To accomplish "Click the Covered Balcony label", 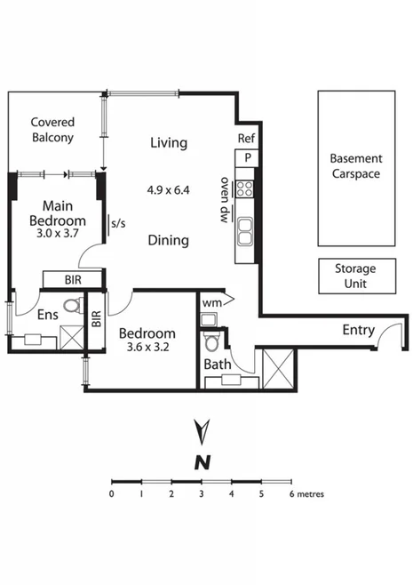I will pos(52,130).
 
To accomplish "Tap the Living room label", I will pos(168,142).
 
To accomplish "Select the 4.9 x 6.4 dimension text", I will pos(168,189).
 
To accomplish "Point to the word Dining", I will pos(168,240).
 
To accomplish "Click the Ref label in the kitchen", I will pos(246,139).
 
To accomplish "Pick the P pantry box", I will pos(247,158).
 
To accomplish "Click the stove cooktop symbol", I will pos(246,188).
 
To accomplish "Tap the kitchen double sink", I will pos(246,233).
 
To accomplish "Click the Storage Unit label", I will pos(354,276).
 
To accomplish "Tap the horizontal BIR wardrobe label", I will pos(75,279).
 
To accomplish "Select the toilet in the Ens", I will pos(72,307).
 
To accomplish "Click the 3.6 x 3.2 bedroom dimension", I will pos(147,349).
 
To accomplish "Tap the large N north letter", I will pos(203,461).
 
